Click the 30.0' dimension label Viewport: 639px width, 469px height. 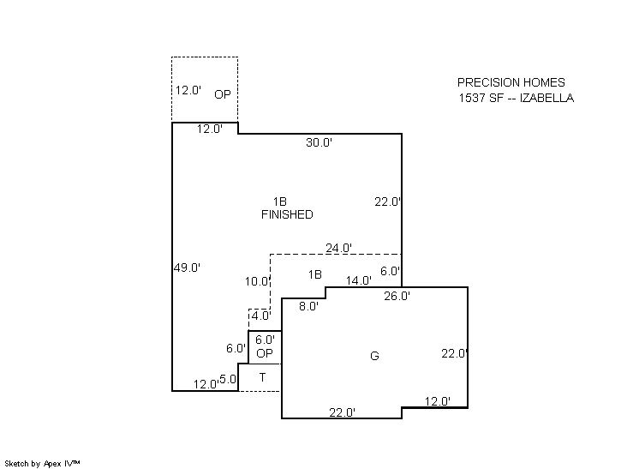click(319, 142)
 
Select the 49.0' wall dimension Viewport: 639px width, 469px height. click(187, 268)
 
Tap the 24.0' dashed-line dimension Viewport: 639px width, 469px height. click(338, 248)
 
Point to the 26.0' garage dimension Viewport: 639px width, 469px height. click(397, 296)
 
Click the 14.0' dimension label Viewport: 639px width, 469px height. click(359, 280)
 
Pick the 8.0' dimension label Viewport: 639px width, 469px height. click(308, 306)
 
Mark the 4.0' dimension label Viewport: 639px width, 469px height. click(260, 316)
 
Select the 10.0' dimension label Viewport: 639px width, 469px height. click(258, 281)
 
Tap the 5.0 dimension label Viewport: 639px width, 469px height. click(227, 379)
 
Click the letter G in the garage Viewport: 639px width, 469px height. click(374, 356)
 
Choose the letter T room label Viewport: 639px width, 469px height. click(262, 377)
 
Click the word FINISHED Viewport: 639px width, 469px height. click(287, 214)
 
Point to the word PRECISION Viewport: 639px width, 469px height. click(488, 82)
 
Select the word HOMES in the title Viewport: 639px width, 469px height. click(544, 82)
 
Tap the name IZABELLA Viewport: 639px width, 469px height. click(546, 98)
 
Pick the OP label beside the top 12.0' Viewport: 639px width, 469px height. click(223, 94)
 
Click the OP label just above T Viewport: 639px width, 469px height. click(265, 353)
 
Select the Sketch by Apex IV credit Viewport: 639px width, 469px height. click(42, 464)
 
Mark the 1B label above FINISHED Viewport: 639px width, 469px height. click(280, 201)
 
